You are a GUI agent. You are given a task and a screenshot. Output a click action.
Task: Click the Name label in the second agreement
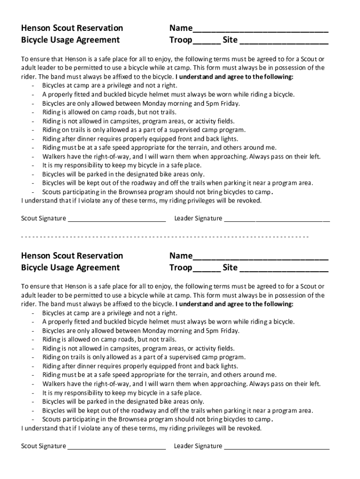(180, 255)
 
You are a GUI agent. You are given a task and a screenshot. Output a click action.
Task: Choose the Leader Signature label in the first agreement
(198, 218)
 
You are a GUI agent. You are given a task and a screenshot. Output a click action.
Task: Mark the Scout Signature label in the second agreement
(43, 446)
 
